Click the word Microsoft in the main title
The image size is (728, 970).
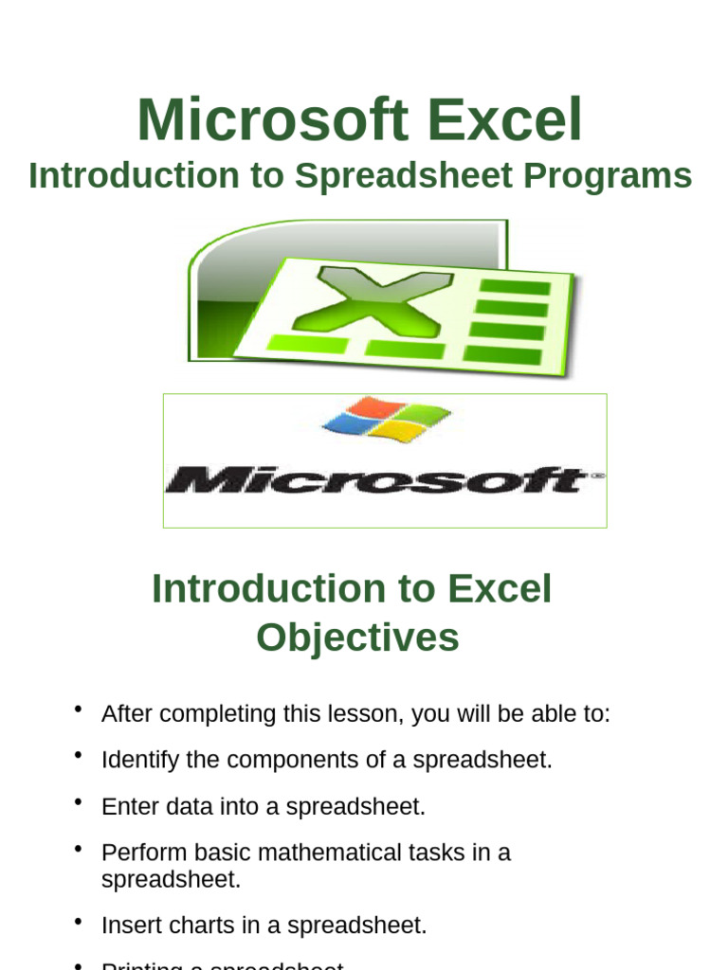(272, 120)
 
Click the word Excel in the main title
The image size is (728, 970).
(504, 120)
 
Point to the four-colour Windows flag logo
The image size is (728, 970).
(386, 420)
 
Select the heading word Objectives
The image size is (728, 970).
(357, 638)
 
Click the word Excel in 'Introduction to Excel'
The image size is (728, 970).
(500, 589)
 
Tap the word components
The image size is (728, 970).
(278, 760)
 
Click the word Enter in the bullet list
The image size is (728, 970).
(128, 806)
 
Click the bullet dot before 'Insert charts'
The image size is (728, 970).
(78, 921)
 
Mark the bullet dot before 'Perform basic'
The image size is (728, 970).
(78, 848)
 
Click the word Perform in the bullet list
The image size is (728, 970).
(138, 853)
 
